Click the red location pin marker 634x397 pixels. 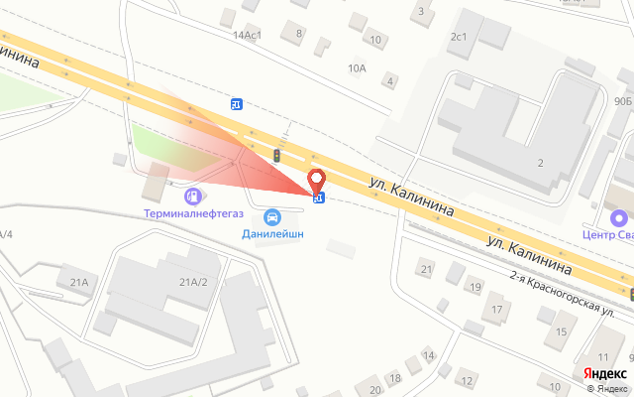coord(317,182)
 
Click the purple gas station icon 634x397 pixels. coord(191,196)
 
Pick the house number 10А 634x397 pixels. coord(357,67)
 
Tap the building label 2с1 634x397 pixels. coord(458,38)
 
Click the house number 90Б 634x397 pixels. coord(622,100)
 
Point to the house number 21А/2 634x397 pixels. coord(193,282)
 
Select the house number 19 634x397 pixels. coord(475,287)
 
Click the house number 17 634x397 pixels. coord(496,310)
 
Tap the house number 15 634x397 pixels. coord(562,331)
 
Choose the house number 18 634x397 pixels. coord(394,378)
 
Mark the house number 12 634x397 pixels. coord(466,380)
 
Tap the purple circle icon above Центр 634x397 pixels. coord(619,218)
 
